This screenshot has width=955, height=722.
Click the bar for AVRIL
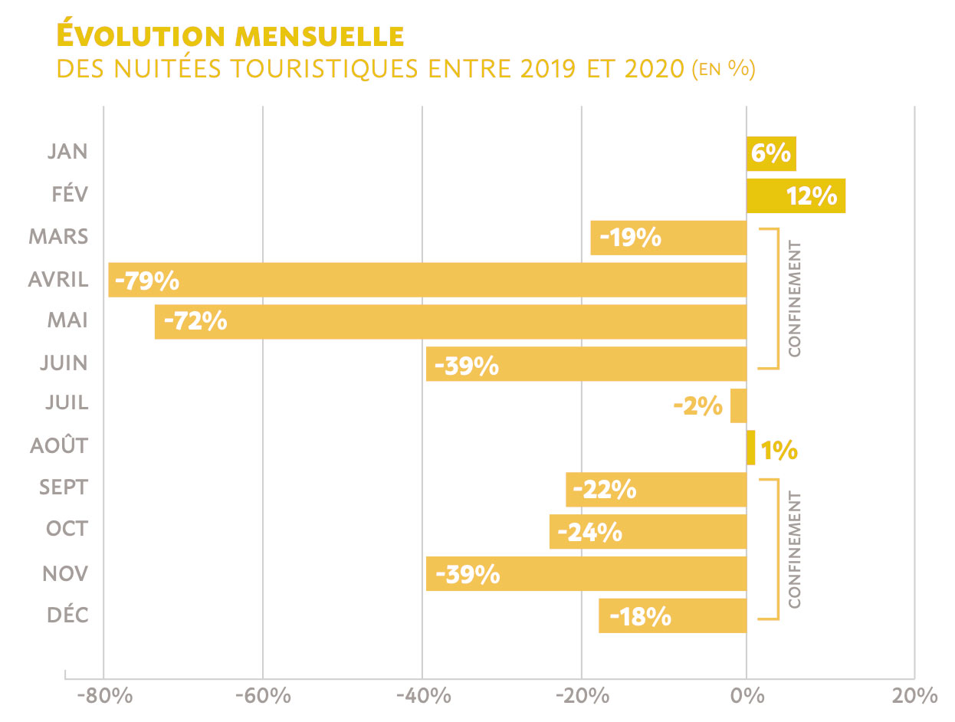pos(427,280)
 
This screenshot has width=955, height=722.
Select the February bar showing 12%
pos(796,196)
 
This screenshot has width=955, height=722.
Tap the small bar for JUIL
pos(738,405)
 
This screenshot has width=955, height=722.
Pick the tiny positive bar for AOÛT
pos(750,448)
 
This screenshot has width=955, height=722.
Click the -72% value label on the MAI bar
pos(195,322)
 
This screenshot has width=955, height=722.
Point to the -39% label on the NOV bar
pos(467,574)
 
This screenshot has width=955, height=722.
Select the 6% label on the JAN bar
pos(770,154)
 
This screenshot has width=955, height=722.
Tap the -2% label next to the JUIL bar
pos(697,406)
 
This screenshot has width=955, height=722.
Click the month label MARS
pos(59,237)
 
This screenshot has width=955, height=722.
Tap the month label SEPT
pos(64,488)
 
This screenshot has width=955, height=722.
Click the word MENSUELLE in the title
pos(320,36)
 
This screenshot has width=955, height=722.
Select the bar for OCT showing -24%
pos(648,532)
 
